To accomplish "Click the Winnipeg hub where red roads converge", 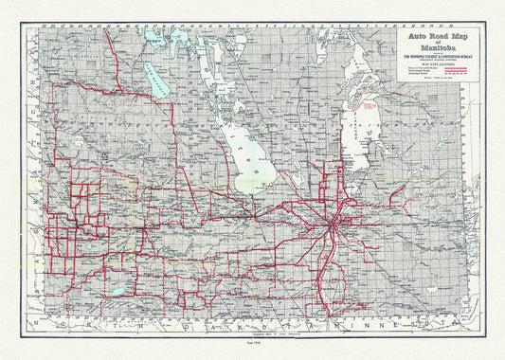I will point(333,226).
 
